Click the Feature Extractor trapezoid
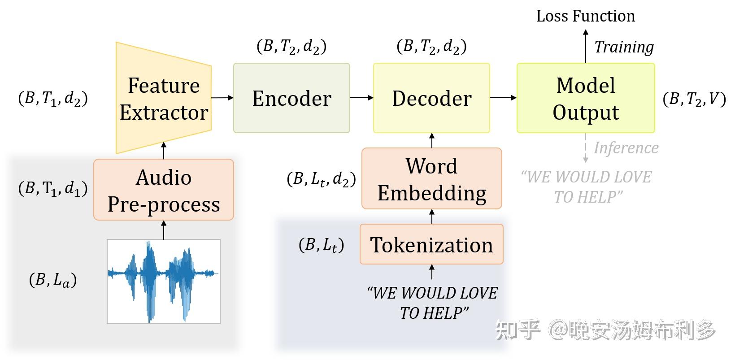(x=164, y=99)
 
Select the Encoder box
(x=291, y=98)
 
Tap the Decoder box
(x=431, y=98)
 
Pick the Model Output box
(x=586, y=98)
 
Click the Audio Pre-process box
(x=164, y=190)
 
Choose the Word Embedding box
(x=431, y=179)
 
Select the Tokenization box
(x=431, y=244)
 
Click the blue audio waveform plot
(x=164, y=281)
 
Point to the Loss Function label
(x=586, y=16)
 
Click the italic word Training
(x=624, y=47)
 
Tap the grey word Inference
(x=626, y=148)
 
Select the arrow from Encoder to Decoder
(x=361, y=97)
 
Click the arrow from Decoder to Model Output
(x=503, y=97)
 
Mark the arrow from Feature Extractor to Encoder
(x=222, y=97)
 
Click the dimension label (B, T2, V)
(x=694, y=99)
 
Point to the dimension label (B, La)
(x=53, y=280)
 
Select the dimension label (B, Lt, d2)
(x=321, y=179)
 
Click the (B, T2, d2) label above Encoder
(x=291, y=46)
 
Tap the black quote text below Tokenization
(x=432, y=303)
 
